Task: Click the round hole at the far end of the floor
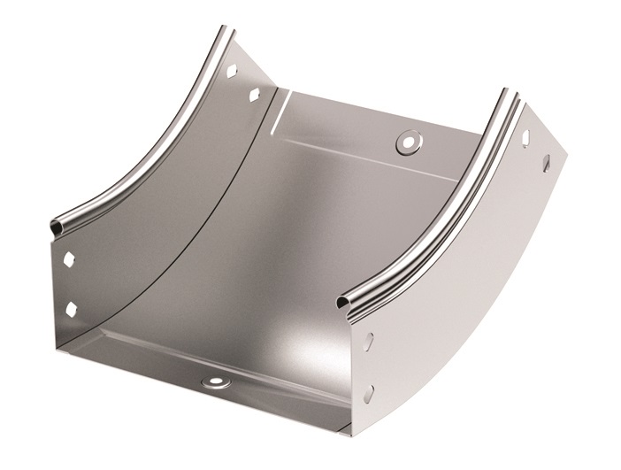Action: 408,139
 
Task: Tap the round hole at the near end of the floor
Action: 215,382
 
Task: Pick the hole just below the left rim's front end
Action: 70,261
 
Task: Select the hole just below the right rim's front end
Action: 369,340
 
